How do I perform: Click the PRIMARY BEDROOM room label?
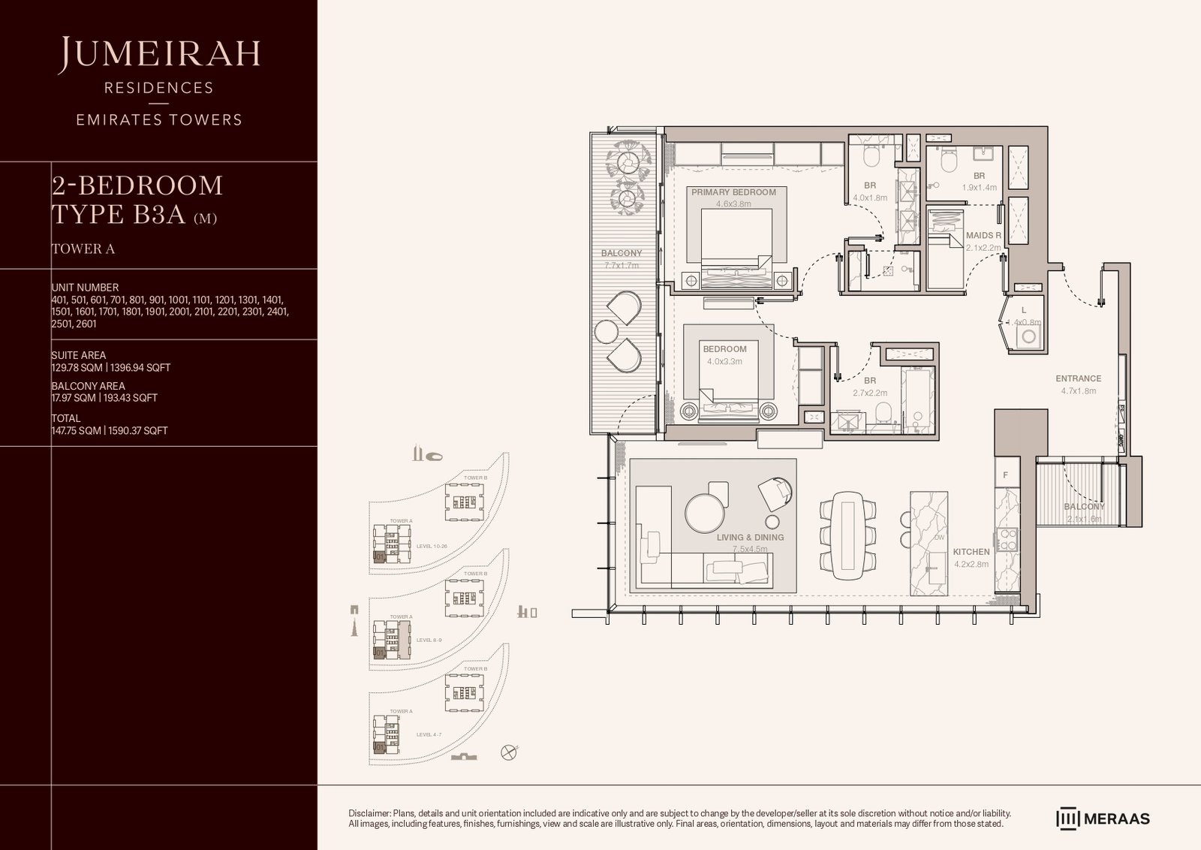pyautogui.click(x=733, y=192)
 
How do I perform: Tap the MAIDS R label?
pyautogui.click(x=983, y=236)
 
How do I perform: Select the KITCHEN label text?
pyautogui.click(x=971, y=552)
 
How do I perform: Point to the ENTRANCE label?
pyautogui.click(x=1078, y=379)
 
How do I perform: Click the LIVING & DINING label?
pyautogui.click(x=750, y=538)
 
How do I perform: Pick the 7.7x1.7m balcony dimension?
pyautogui.click(x=621, y=265)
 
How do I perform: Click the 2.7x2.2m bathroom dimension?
pyautogui.click(x=869, y=393)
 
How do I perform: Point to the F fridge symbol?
pyautogui.click(x=1006, y=475)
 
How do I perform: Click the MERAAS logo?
pyautogui.click(x=1103, y=818)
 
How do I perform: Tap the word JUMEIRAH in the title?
pyautogui.click(x=161, y=53)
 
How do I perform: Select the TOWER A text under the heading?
pyautogui.click(x=83, y=249)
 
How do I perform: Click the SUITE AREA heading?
pyautogui.click(x=78, y=355)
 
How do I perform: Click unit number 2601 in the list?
pyautogui.click(x=85, y=324)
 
